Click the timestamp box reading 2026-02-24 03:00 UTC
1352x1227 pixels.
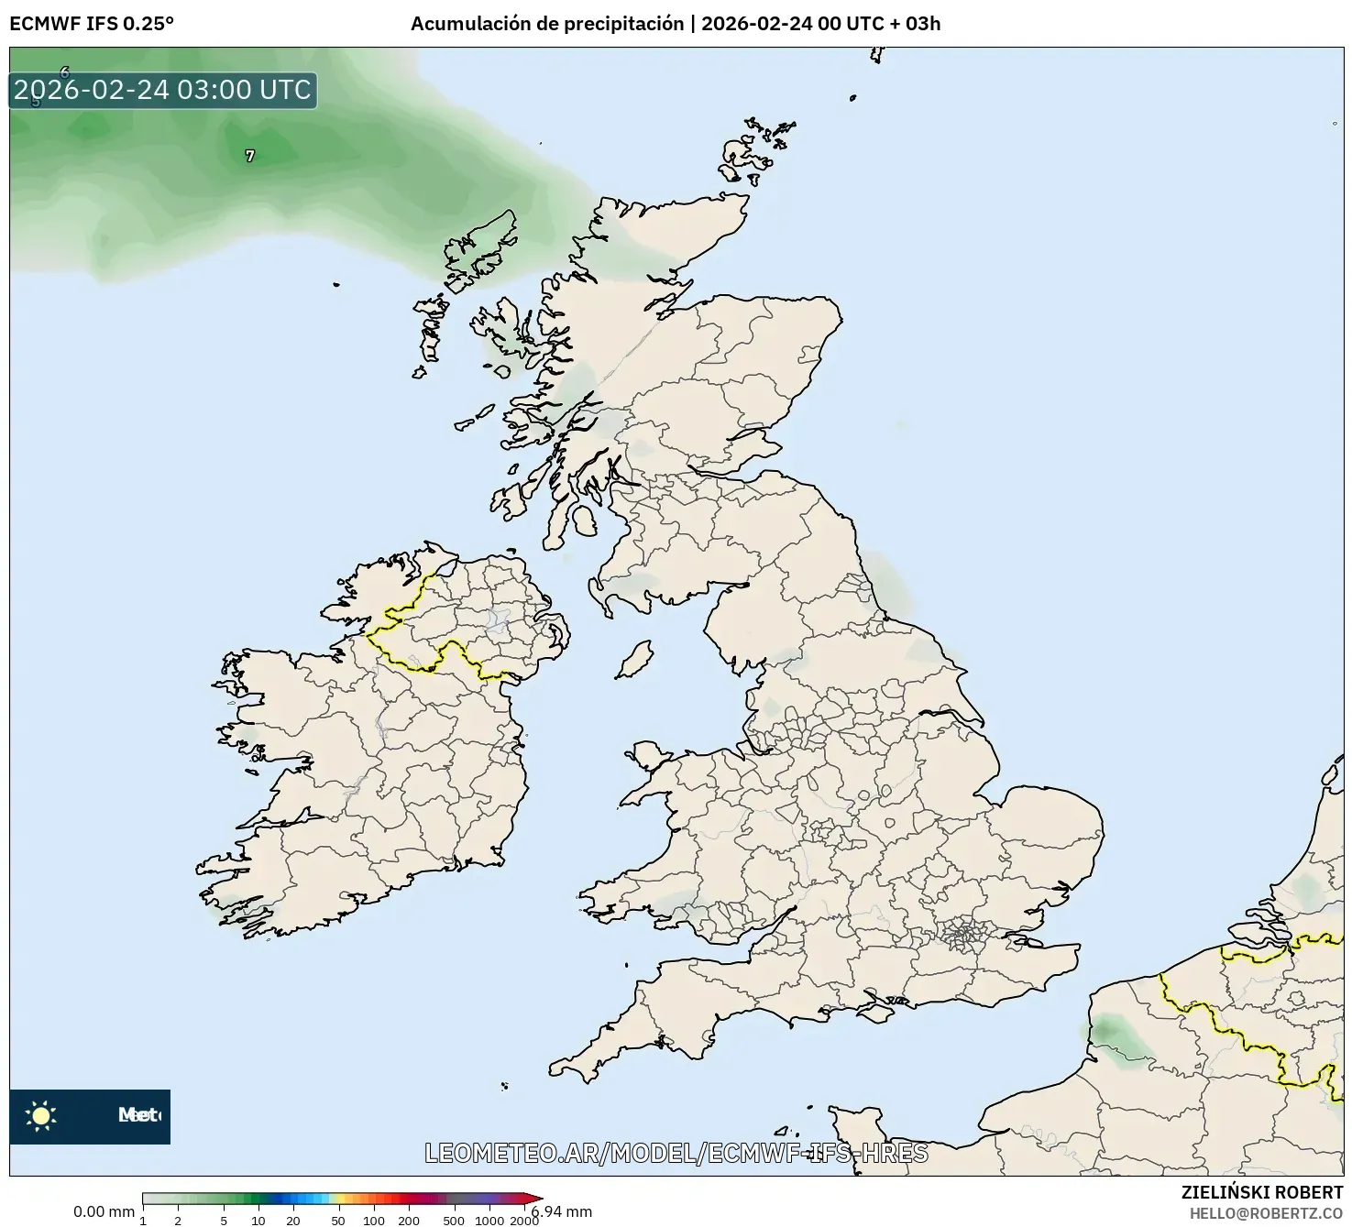tap(163, 90)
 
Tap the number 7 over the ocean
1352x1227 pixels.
tap(250, 157)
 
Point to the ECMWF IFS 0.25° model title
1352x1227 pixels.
tap(92, 24)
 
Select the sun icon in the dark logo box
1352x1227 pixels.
tap(41, 1116)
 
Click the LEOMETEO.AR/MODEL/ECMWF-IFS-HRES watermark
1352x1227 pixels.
tap(676, 1153)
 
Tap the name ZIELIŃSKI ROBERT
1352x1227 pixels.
tap(1261, 1192)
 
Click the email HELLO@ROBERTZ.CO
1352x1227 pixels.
tap(1266, 1213)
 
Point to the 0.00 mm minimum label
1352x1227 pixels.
tap(104, 1211)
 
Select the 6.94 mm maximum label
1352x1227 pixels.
tap(562, 1211)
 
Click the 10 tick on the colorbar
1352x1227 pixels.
tap(258, 1220)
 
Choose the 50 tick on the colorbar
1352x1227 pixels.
tap(338, 1220)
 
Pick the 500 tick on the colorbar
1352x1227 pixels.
tap(454, 1220)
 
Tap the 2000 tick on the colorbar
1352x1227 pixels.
tap(524, 1220)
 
